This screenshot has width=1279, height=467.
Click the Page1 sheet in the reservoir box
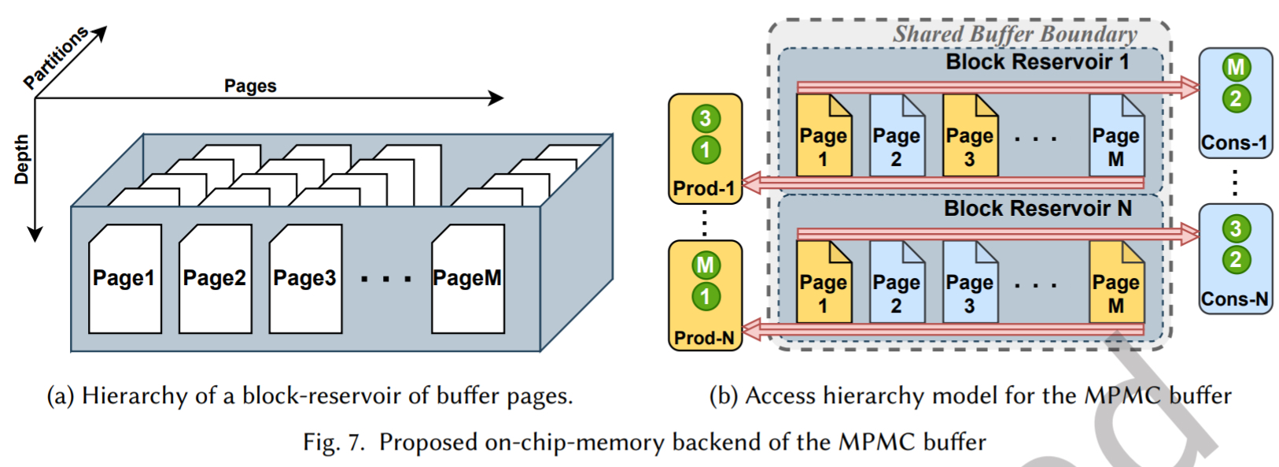[124, 278]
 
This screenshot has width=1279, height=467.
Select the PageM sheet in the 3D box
[468, 278]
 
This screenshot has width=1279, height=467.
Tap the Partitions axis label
[54, 57]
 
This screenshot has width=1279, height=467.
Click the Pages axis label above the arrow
[250, 86]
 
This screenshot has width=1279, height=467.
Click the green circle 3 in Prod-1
[706, 119]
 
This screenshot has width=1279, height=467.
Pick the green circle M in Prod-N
[706, 265]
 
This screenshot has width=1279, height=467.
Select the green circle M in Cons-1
[1236, 68]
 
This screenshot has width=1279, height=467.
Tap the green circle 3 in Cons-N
[1236, 229]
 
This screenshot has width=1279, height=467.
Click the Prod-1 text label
[704, 188]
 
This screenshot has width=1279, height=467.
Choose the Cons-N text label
[1235, 299]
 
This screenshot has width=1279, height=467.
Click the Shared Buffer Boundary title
[1015, 34]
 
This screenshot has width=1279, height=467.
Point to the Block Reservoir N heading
[1038, 209]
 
